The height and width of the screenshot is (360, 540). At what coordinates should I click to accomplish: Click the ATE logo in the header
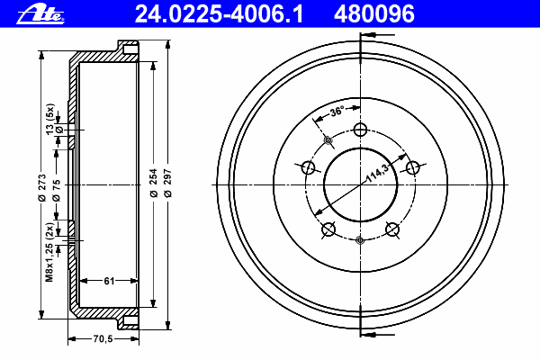pyautogui.click(x=40, y=14)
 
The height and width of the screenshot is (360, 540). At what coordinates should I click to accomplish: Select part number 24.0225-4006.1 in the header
pyautogui.click(x=220, y=14)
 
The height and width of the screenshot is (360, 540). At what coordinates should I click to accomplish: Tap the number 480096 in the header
pyautogui.click(x=374, y=14)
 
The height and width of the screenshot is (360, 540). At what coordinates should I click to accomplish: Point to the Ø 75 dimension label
pyautogui.click(x=57, y=190)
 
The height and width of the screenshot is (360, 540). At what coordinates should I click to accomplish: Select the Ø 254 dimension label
pyautogui.click(x=154, y=183)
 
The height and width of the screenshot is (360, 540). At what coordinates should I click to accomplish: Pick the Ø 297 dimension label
pyautogui.click(x=168, y=183)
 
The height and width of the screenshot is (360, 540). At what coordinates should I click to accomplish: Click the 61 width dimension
pyautogui.click(x=109, y=281)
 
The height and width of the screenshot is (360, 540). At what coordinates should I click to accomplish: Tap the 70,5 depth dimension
pyautogui.click(x=103, y=339)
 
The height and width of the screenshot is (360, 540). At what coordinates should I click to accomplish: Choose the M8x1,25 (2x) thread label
pyautogui.click(x=49, y=252)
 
